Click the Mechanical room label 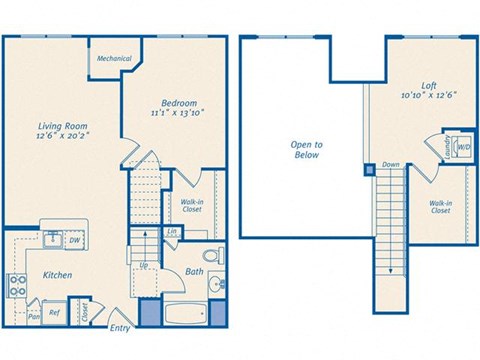(113, 59)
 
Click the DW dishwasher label (75, 241)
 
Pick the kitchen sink (52, 239)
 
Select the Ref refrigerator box (55, 311)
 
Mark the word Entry (119, 328)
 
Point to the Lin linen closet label (172, 233)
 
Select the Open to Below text (306, 150)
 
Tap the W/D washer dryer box (461, 147)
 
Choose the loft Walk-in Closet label (439, 206)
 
